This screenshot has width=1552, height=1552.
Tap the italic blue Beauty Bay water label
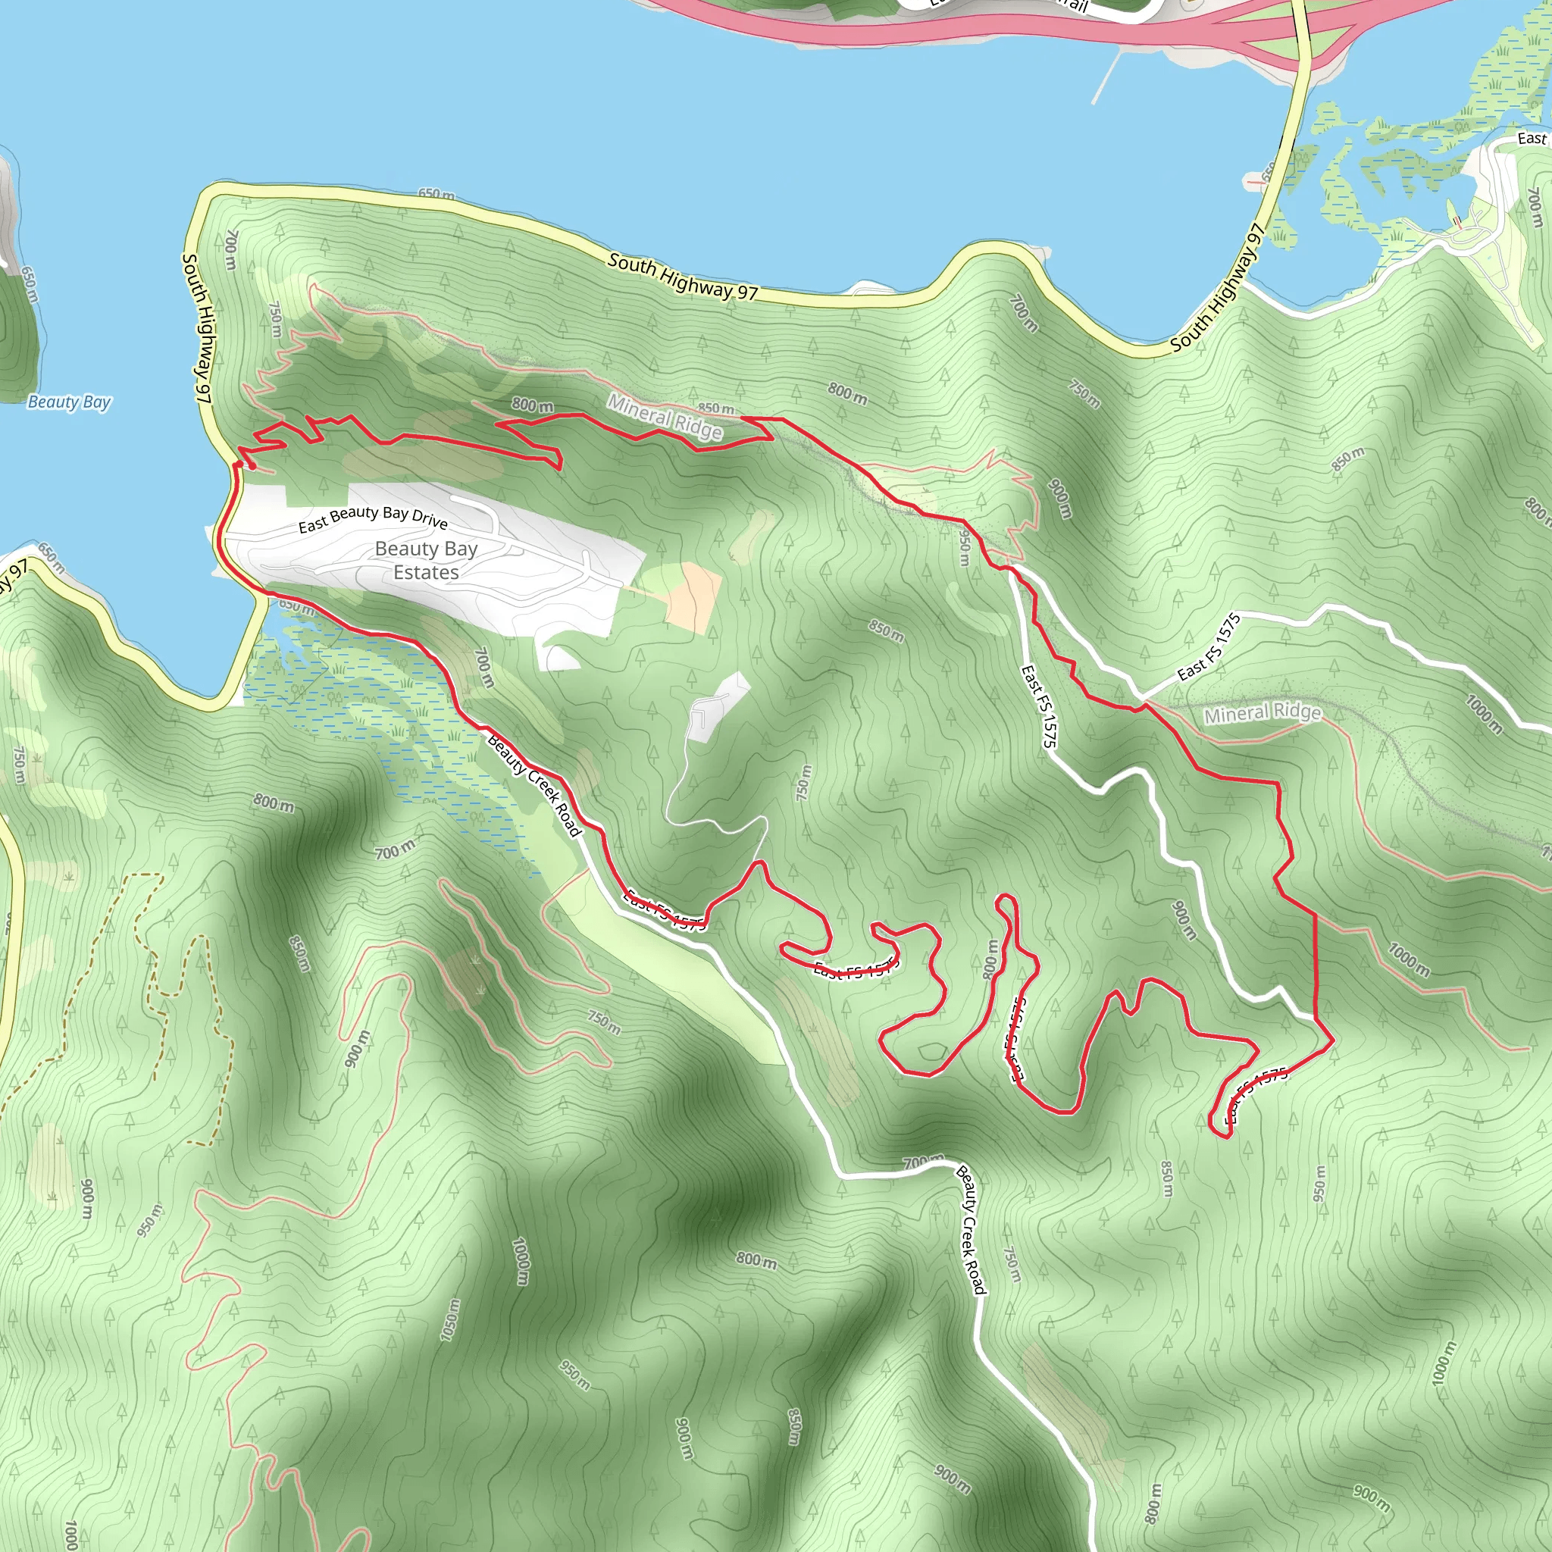pos(69,402)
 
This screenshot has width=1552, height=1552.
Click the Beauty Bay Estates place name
pos(426,560)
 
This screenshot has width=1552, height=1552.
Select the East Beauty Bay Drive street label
pos(373,518)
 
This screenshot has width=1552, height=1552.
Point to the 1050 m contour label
pos(451,1319)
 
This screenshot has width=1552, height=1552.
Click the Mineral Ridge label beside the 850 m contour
pos(665,416)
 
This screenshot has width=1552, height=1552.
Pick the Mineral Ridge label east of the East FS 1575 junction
pos(1261,712)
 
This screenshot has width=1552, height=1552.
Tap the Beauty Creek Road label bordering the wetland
pos(534,785)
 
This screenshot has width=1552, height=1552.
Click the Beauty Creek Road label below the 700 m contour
pos(971,1229)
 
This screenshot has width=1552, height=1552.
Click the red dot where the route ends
pos(252,466)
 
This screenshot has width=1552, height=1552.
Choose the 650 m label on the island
pos(29,284)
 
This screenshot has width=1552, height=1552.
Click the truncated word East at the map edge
pos(1531,138)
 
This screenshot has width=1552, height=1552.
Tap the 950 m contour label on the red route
pos(965,549)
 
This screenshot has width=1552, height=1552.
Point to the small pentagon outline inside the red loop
pos(932,1052)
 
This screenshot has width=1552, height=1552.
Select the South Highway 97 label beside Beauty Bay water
pos(197,327)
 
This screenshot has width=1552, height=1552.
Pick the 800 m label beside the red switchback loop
pos(991,959)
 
